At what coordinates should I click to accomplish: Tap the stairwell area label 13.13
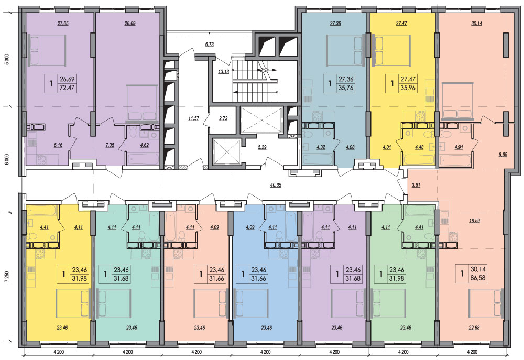224,71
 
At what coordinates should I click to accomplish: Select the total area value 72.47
67,88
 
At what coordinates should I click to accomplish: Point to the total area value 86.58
478,278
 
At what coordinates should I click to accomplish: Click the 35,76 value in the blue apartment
346,88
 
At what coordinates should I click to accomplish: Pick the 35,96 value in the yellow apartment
408,89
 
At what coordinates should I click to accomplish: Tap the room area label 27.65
63,24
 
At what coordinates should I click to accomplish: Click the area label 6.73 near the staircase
209,45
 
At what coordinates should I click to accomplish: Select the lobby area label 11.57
193,118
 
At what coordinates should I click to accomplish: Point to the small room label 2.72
223,118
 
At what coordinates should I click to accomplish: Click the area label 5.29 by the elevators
263,147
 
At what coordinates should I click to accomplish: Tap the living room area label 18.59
474,221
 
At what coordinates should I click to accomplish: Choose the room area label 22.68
474,328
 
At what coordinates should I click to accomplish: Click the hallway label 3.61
416,185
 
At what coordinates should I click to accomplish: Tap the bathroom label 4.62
145,145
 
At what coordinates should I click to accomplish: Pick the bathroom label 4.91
458,147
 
